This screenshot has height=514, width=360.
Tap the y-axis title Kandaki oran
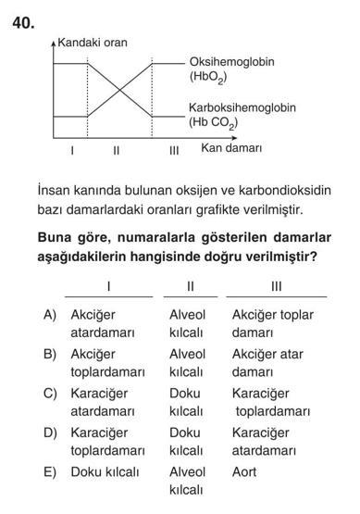pyautogui.click(x=93, y=43)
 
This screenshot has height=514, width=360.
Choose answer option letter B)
pyautogui.click(x=52, y=354)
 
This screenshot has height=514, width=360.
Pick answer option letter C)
pyautogui.click(x=52, y=394)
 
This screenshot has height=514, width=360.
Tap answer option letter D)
pyautogui.click(x=52, y=433)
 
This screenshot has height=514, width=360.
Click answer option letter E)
pyautogui.click(x=52, y=471)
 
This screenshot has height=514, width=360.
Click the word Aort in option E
pyautogui.click(x=245, y=471)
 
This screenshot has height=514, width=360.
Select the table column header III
pyautogui.click(x=276, y=285)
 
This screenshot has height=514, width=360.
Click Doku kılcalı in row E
pyautogui.click(x=105, y=471)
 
